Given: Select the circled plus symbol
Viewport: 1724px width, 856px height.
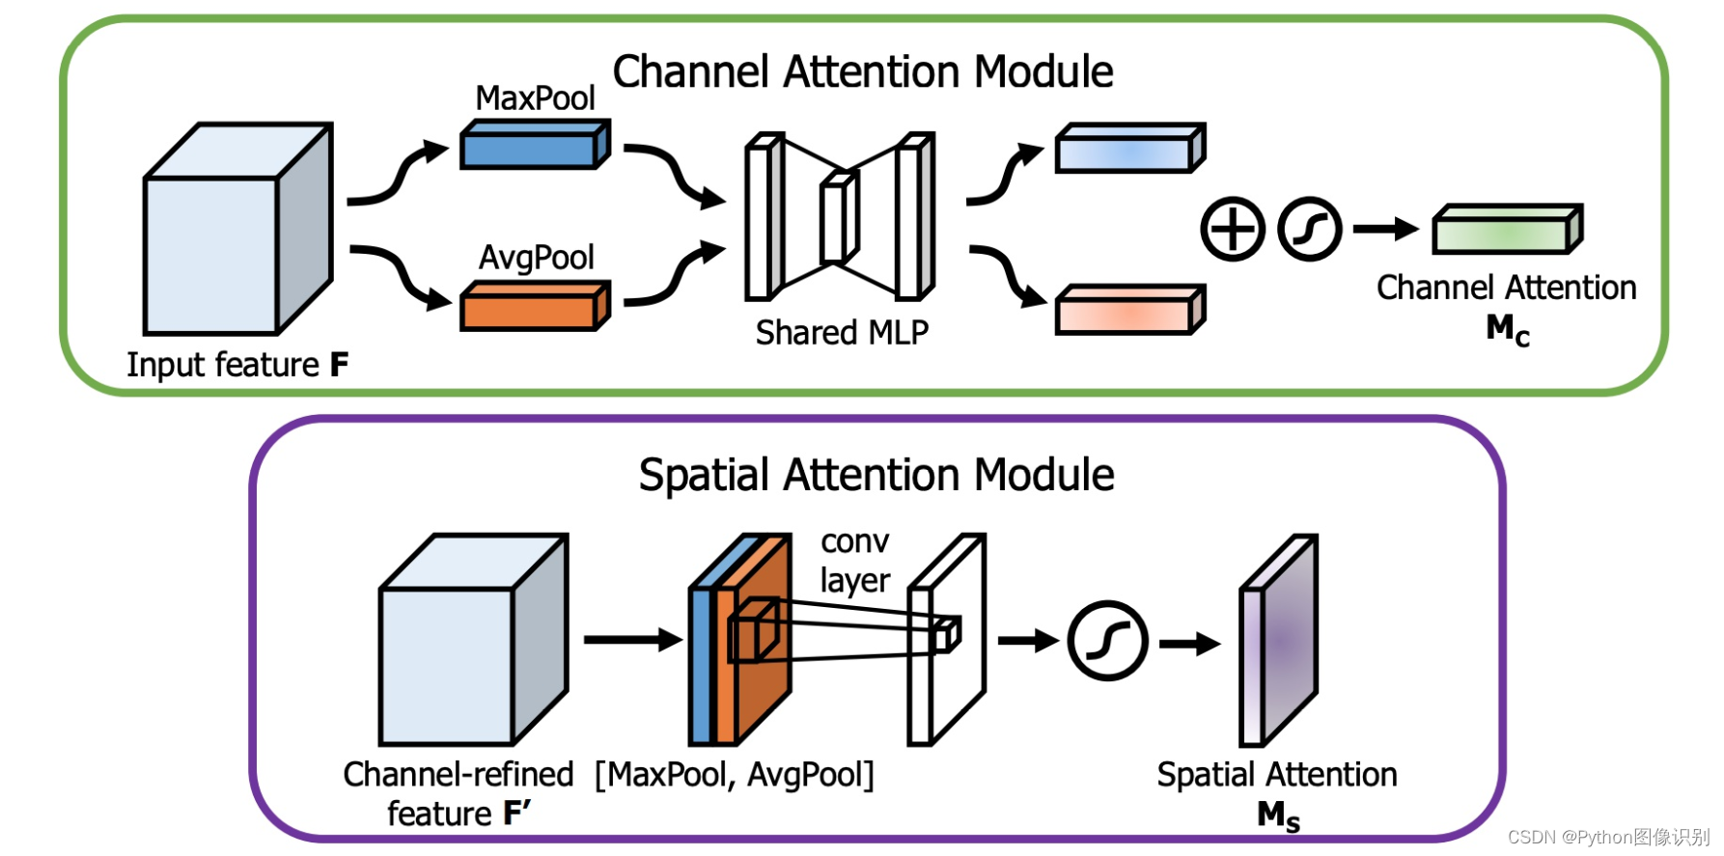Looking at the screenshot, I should click(1232, 230).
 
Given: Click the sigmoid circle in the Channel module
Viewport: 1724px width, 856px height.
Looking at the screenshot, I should click(1309, 230).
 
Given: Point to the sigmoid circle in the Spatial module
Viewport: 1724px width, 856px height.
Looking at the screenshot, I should click(1107, 642).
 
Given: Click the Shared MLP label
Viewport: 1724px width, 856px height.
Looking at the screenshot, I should click(842, 333).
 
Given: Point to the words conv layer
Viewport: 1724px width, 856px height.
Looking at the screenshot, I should click(854, 562).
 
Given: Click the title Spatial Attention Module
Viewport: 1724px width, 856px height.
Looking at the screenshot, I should click(876, 476).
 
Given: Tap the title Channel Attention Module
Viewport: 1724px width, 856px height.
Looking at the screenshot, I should click(863, 72).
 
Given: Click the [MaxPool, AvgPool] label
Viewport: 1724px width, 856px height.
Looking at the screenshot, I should click(735, 775).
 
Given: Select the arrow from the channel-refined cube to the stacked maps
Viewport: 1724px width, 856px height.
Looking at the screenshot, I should click(632, 640).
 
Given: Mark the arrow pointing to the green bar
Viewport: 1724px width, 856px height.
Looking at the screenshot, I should click(1384, 230).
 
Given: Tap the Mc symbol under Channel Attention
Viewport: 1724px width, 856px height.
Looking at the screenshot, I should click(1507, 330).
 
